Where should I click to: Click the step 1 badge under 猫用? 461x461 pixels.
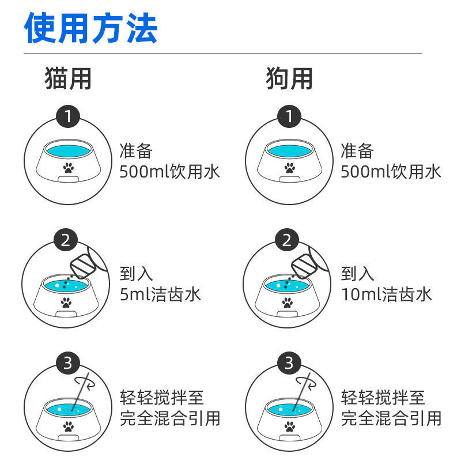click(x=68, y=117)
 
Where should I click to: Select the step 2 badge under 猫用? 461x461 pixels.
click(x=66, y=240)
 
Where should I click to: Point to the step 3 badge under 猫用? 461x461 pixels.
click(x=68, y=363)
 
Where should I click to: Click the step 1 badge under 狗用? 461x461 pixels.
click(x=289, y=117)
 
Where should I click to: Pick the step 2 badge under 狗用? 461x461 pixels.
click(x=287, y=240)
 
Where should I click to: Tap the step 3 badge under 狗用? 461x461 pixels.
click(x=289, y=363)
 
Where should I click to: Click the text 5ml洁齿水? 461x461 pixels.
click(x=160, y=294)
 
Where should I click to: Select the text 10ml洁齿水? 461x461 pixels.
click(x=386, y=294)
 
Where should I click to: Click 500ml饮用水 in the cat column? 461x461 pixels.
click(x=170, y=171)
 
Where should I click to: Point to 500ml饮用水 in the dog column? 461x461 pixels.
click(x=391, y=171)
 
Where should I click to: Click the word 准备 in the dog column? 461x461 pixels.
click(x=357, y=151)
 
